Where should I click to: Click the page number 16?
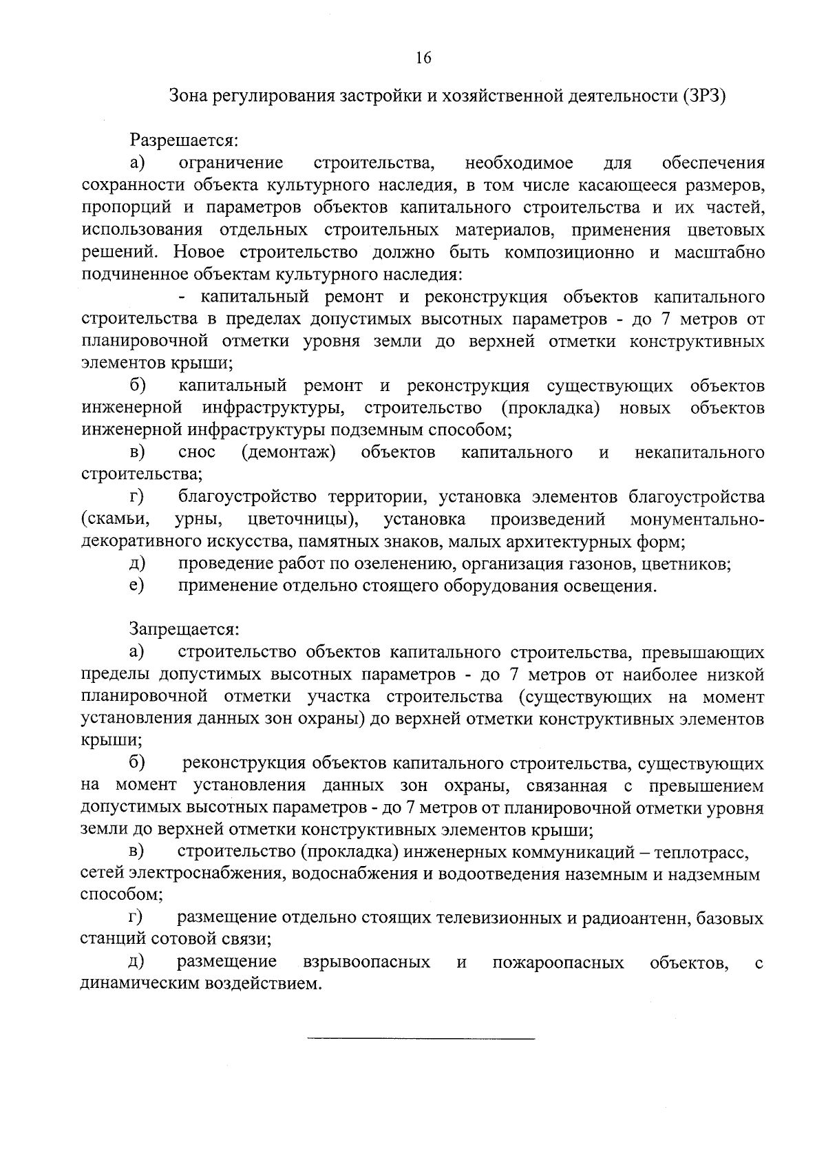423,59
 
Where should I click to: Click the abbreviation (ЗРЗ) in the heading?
706,96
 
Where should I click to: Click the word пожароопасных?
558,962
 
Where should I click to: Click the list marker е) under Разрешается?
136,586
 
